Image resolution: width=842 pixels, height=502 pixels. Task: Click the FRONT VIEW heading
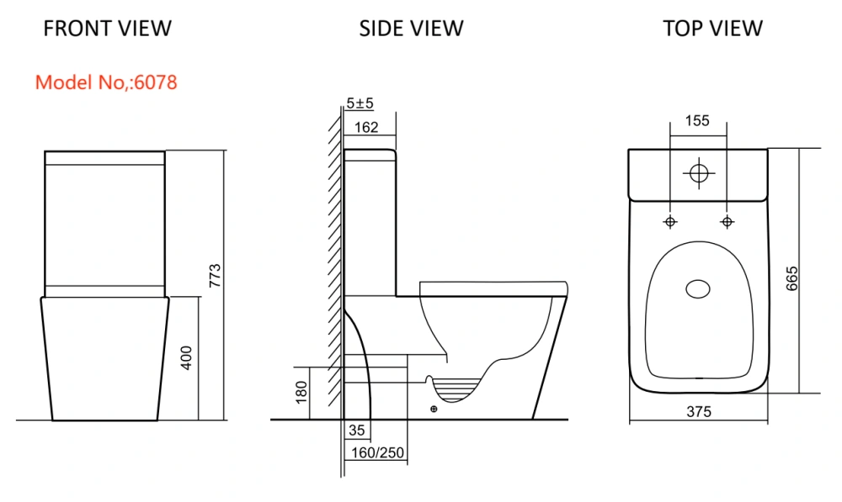coord(108,29)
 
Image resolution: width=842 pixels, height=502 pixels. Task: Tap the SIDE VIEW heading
coord(412,29)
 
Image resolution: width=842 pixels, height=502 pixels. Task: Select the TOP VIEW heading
coord(712,29)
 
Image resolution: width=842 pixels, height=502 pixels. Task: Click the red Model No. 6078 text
coord(106,82)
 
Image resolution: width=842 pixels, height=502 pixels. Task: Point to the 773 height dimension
coord(215,275)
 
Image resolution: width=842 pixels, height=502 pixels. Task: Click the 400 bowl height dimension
coord(186,357)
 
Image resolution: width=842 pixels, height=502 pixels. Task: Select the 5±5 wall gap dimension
coord(360,103)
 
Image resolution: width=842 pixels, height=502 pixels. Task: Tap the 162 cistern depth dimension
coord(367,127)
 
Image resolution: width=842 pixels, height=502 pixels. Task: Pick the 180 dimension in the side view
coord(301,392)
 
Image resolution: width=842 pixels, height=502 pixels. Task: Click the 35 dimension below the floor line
coord(356,431)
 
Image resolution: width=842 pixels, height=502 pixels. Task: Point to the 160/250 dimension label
coord(377,453)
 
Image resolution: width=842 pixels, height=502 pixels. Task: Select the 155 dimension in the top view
coord(697,121)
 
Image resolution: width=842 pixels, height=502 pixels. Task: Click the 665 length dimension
coord(792,278)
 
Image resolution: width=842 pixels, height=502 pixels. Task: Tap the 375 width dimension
coord(699,412)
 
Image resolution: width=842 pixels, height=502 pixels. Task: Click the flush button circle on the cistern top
coord(699,173)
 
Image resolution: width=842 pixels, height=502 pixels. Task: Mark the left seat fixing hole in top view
coord(670,221)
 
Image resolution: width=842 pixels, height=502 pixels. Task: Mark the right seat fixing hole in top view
coord(727,221)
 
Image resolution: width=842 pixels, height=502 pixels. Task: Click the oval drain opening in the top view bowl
coord(698,289)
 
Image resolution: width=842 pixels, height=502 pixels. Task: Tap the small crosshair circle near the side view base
coord(434,410)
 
